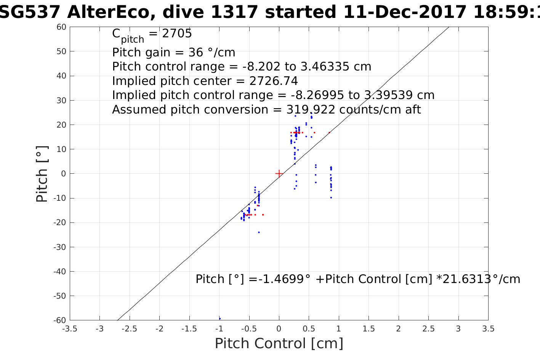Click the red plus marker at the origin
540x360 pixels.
click(279, 174)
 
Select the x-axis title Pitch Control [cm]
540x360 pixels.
click(279, 344)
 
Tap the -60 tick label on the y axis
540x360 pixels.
click(59, 320)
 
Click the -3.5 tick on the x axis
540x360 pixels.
click(70, 329)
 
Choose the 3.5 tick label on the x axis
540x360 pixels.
click(488, 329)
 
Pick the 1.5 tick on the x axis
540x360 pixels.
click(369, 329)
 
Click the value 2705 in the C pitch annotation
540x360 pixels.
click(177, 34)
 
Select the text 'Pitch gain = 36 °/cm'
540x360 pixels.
click(174, 52)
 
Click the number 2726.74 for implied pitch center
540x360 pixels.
click(274, 81)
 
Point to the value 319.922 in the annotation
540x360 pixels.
click(311, 110)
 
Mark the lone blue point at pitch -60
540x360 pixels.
click(220, 319)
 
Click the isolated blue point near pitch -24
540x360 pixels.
click(259, 232)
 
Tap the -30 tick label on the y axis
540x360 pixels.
click(59, 247)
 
